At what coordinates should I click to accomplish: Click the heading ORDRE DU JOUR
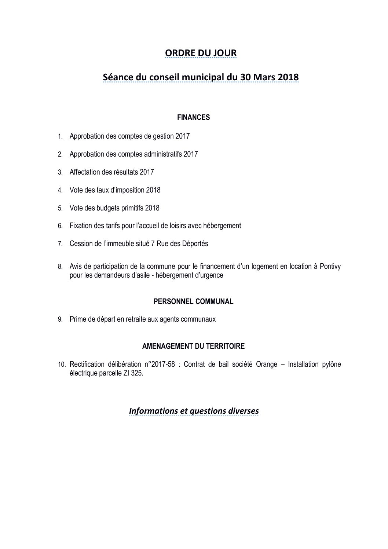pos(201,53)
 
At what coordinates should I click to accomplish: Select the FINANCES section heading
pos(194,117)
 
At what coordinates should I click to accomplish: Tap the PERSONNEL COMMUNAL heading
pos(193,301)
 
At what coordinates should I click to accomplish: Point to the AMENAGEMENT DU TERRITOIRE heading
pos(193,346)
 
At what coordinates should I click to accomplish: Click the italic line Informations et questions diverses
pos(194,411)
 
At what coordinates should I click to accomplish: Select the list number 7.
pos(61,244)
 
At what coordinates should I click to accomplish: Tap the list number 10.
pos(62,365)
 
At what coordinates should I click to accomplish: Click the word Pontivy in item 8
pos(330,267)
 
